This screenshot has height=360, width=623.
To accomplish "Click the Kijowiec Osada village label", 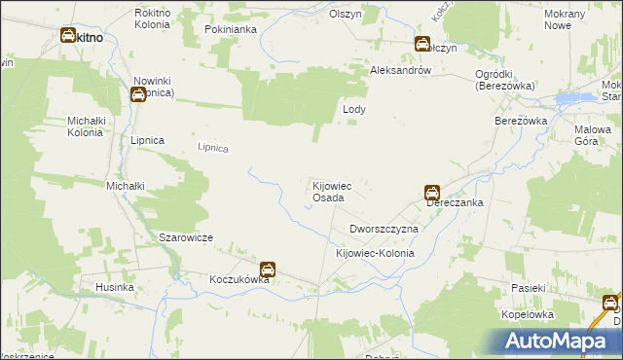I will pos(326,191).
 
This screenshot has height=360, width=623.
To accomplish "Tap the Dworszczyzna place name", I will pos(384,229).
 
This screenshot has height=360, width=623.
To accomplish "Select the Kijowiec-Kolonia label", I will pos(375,253).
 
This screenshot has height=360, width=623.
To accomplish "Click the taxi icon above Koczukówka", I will pos(267,269).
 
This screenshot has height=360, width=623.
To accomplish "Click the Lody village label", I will pos(354,110).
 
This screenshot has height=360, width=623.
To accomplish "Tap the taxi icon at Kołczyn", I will pos(422,44).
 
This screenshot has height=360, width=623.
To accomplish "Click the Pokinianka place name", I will pos(231,30).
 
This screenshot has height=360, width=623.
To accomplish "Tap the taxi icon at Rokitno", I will pos(68,36).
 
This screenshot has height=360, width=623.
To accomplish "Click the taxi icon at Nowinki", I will pos(138,93).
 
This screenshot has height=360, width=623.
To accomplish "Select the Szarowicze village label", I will pos(186,237).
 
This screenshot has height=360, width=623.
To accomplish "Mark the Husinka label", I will pos(113,288).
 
